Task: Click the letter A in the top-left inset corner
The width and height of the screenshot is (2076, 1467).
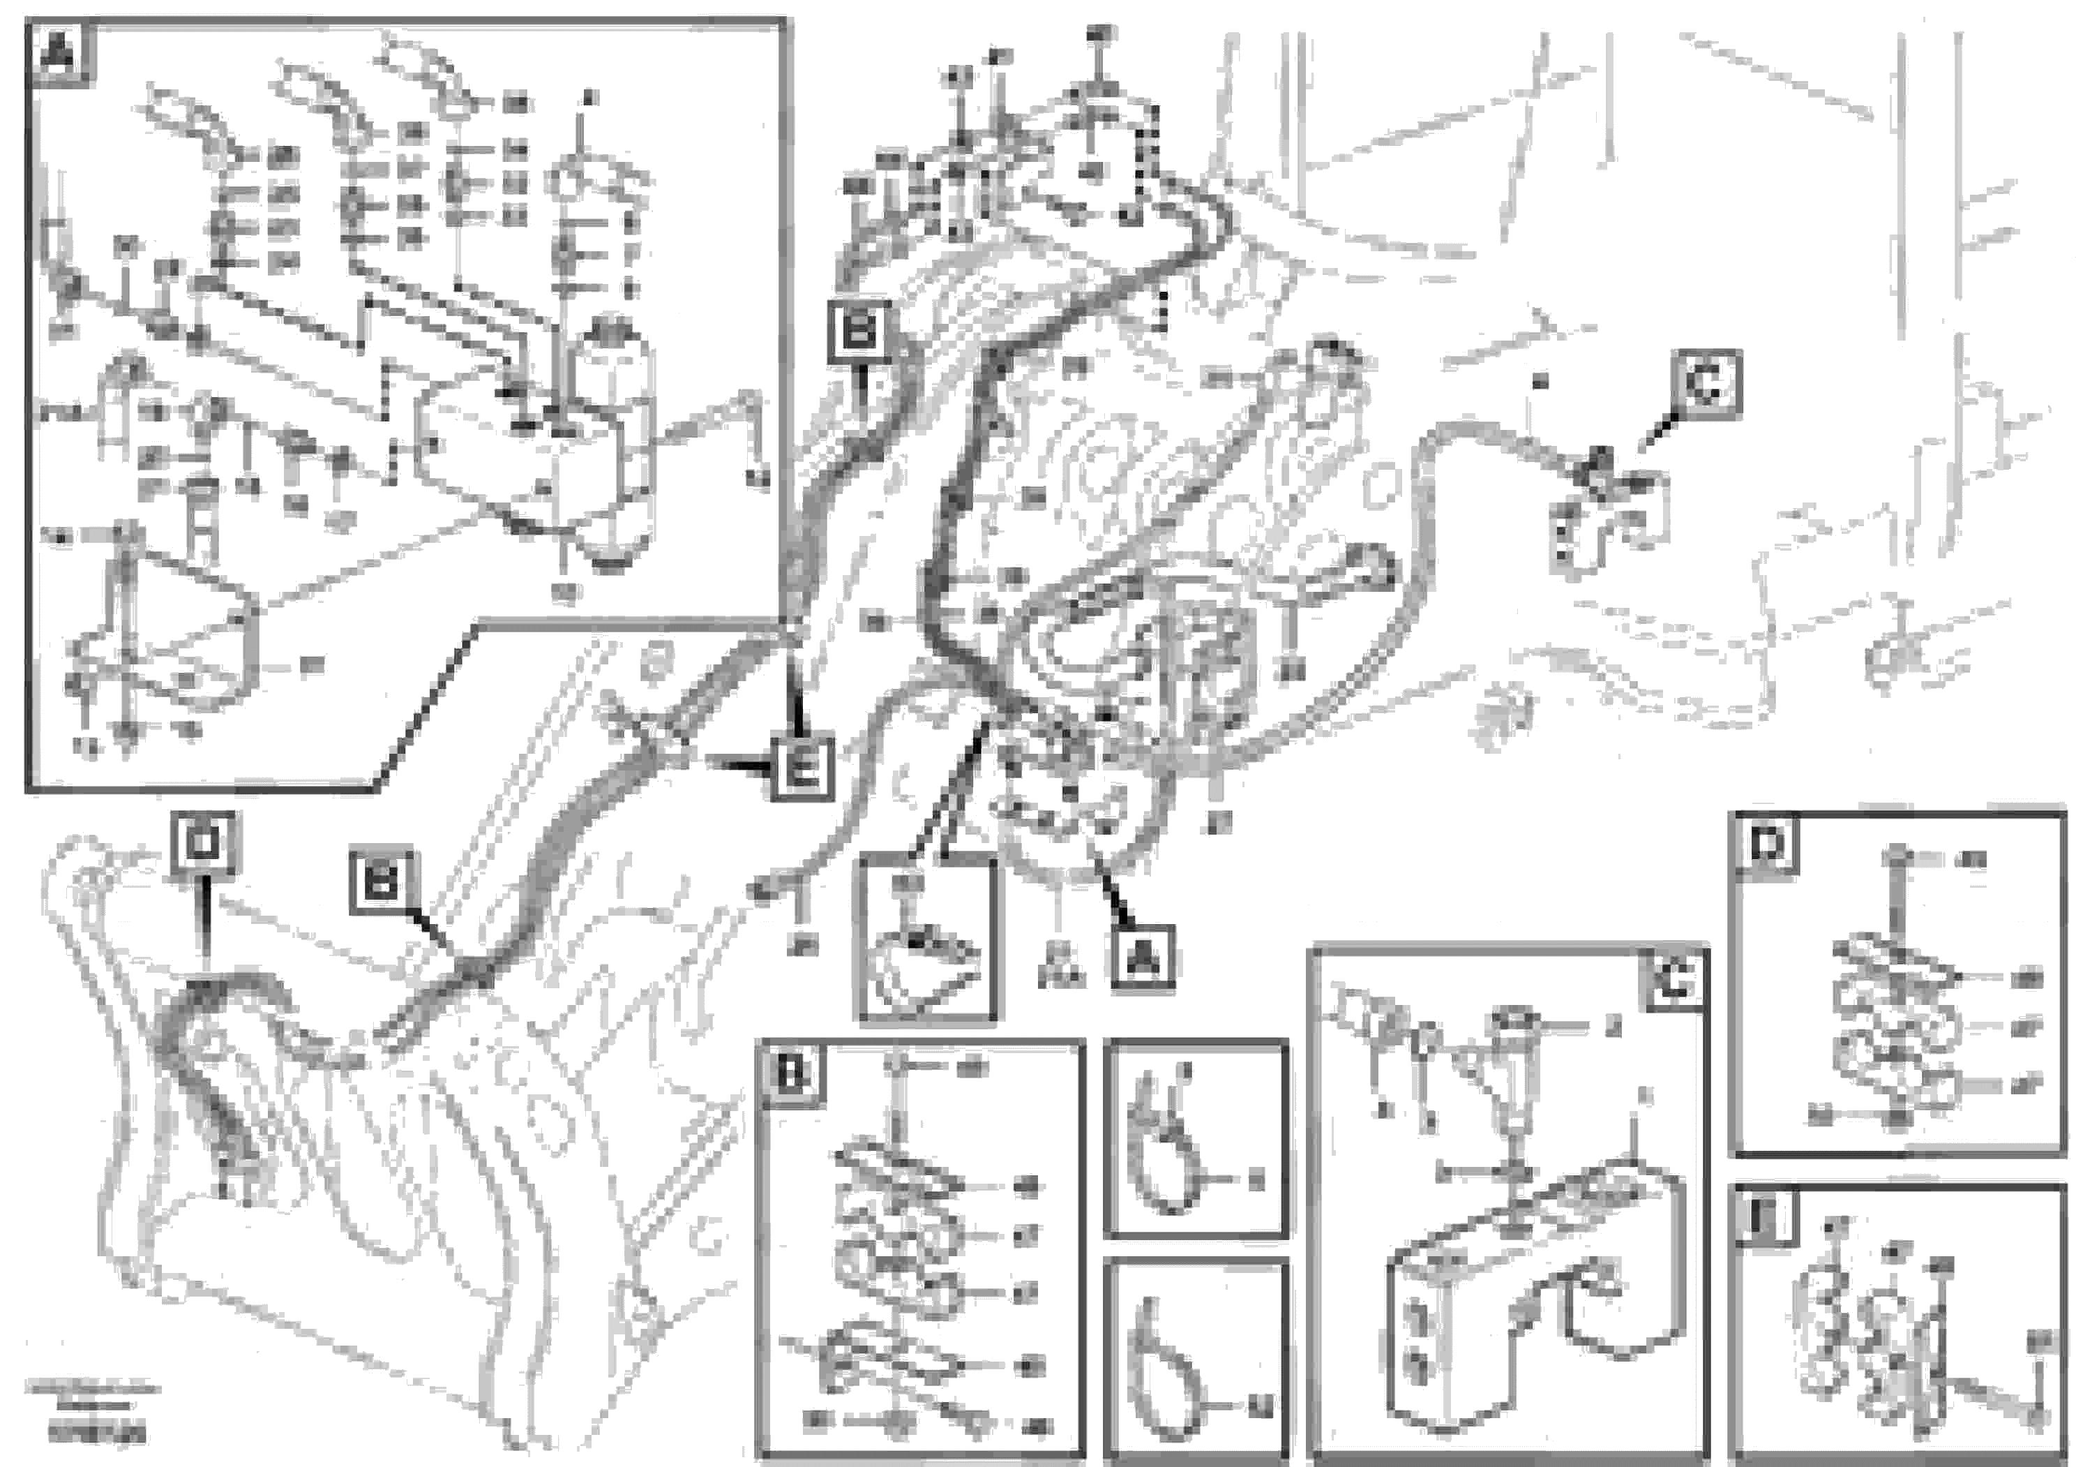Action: coord(60,54)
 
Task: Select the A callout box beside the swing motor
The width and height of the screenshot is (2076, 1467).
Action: coord(1143,957)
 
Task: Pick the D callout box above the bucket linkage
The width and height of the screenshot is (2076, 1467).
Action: coord(202,843)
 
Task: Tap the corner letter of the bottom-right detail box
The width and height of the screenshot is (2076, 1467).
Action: coord(1763,1217)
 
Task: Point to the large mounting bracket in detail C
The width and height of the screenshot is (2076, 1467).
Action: coord(1528,1302)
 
